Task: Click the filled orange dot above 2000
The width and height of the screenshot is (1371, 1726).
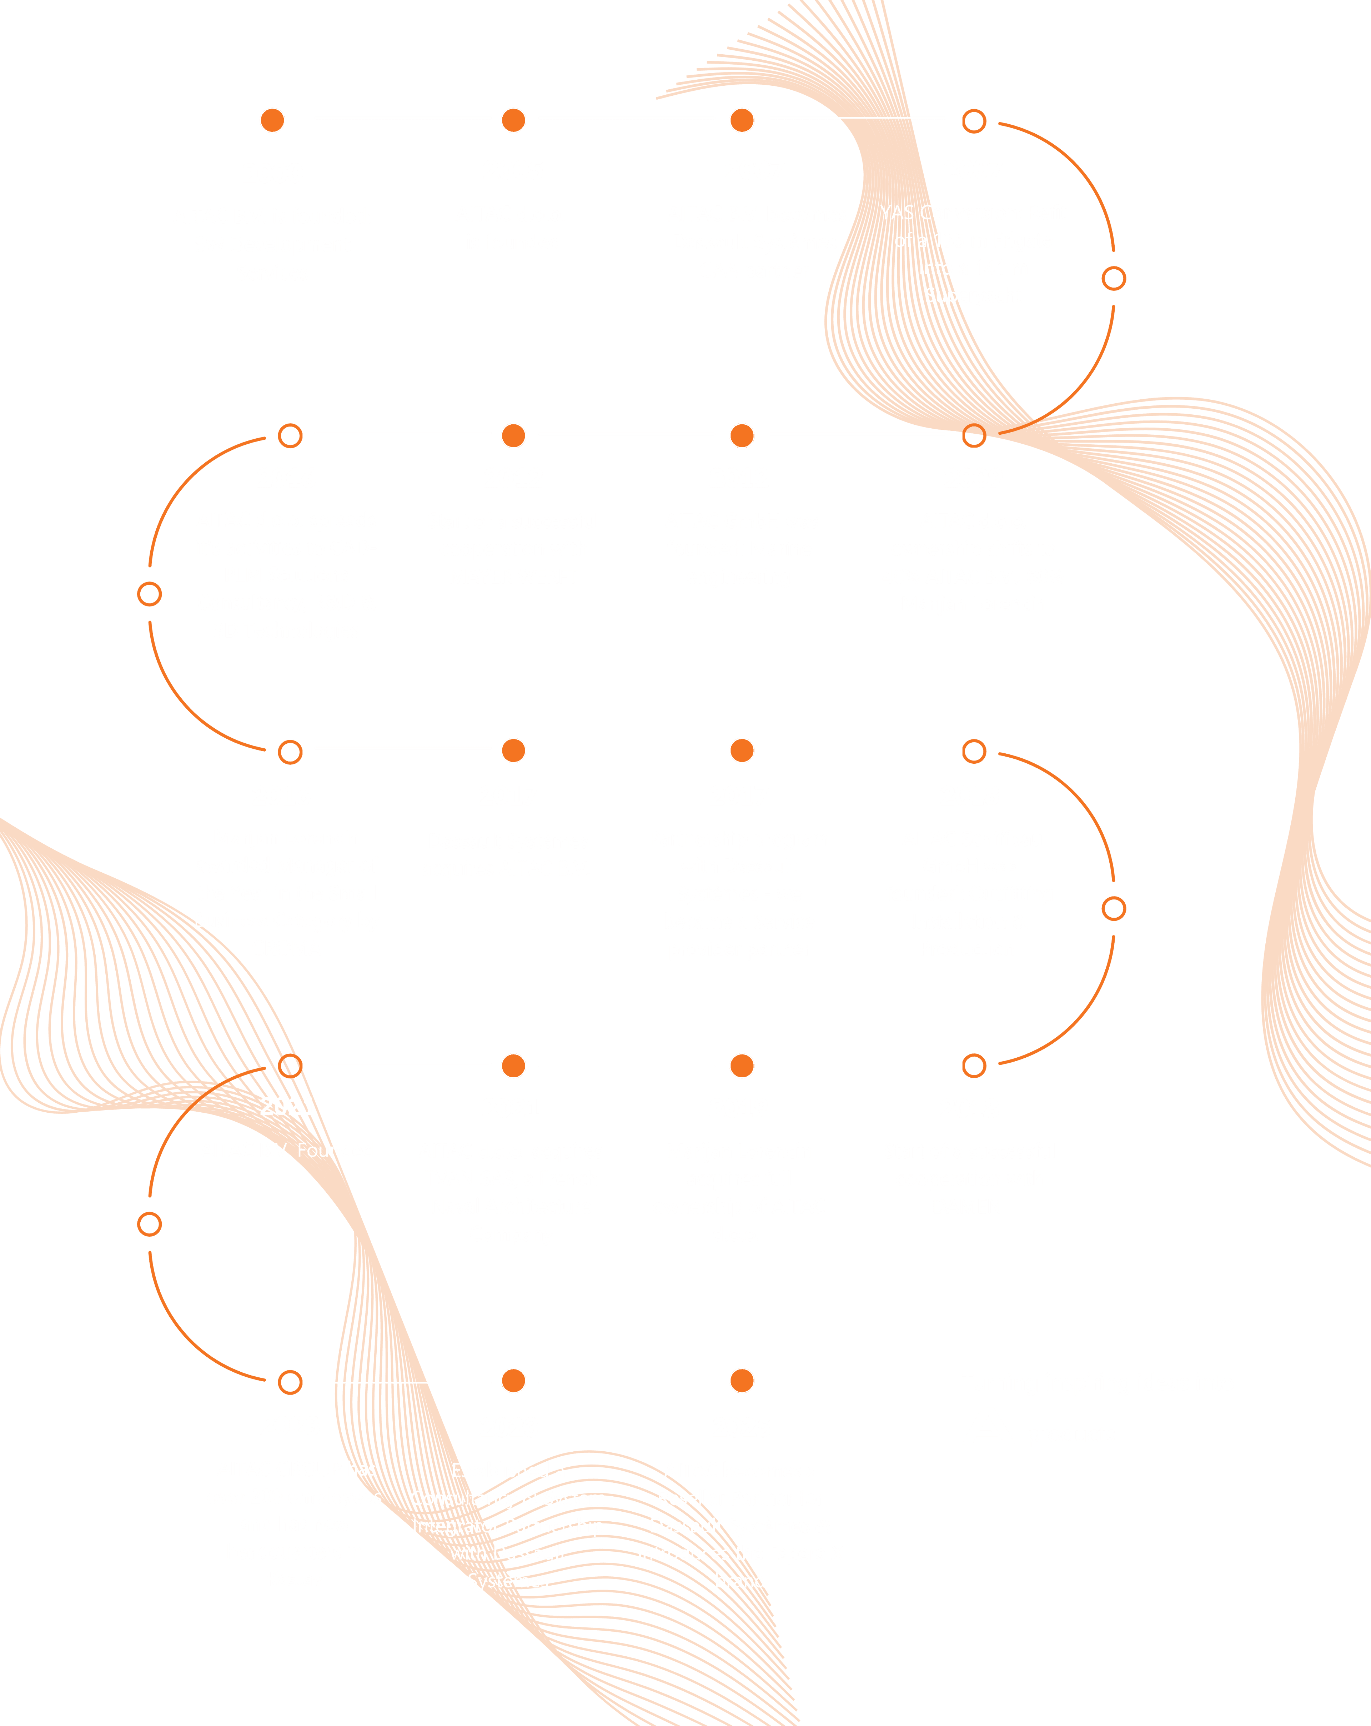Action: [272, 120]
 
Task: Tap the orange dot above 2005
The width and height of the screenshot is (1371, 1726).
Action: [513, 120]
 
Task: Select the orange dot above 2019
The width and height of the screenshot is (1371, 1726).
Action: [742, 1066]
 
